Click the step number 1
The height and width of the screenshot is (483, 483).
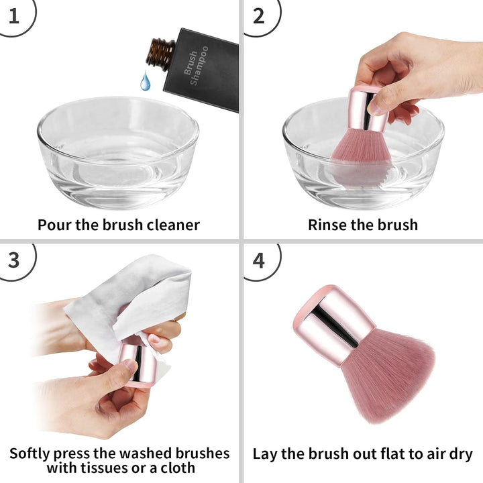[x=14, y=15]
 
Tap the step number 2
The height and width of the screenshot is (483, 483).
[x=258, y=15]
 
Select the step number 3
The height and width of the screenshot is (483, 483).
[x=14, y=259]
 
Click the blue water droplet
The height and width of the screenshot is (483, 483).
[x=145, y=82]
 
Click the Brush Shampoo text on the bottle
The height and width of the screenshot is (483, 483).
[x=195, y=65]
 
